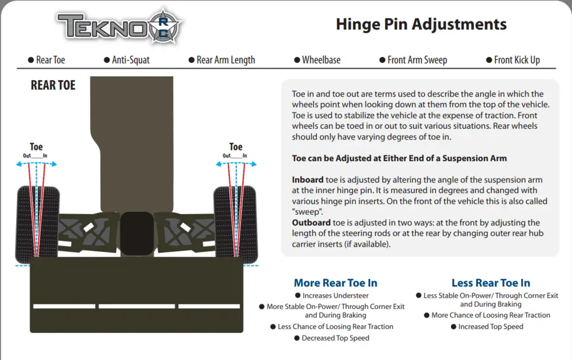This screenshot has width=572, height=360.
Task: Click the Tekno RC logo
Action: [x=119, y=26]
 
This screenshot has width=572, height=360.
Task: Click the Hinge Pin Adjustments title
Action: [x=421, y=25]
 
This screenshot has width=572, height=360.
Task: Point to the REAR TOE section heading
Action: [x=53, y=85]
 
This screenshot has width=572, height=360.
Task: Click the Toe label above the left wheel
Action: [x=36, y=147]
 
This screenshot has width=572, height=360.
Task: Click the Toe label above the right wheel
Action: [x=236, y=147]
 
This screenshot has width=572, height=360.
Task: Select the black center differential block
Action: [x=137, y=234]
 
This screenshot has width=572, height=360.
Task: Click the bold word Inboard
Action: [x=308, y=180]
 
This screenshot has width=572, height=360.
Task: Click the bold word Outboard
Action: [x=311, y=223]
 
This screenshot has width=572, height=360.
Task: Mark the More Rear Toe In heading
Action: [x=336, y=283]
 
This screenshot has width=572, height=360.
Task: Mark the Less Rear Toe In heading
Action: [x=491, y=283]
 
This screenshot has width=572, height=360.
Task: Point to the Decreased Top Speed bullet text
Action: [x=335, y=338]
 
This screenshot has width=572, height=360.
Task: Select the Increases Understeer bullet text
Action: [x=335, y=296]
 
